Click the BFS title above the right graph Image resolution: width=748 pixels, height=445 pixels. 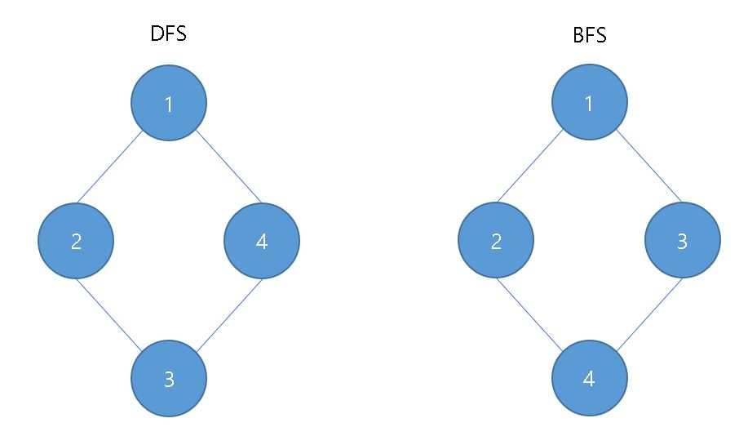pos(589,38)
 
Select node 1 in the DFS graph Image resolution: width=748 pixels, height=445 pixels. pos(169,104)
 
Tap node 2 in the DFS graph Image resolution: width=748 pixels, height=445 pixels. pos(76,241)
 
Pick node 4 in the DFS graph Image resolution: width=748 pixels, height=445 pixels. pos(262,241)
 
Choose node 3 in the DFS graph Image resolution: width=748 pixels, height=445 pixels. pos(169,379)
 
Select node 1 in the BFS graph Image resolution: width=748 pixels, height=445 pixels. pos(589,104)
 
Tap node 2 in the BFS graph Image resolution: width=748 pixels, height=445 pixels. pos(496,241)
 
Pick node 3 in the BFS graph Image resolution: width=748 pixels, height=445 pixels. pos(682,241)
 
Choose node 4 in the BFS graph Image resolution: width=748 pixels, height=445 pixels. pos(589,379)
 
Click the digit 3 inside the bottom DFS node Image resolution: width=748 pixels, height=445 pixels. pos(169,380)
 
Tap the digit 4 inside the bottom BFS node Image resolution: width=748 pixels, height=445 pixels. pos(589,380)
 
